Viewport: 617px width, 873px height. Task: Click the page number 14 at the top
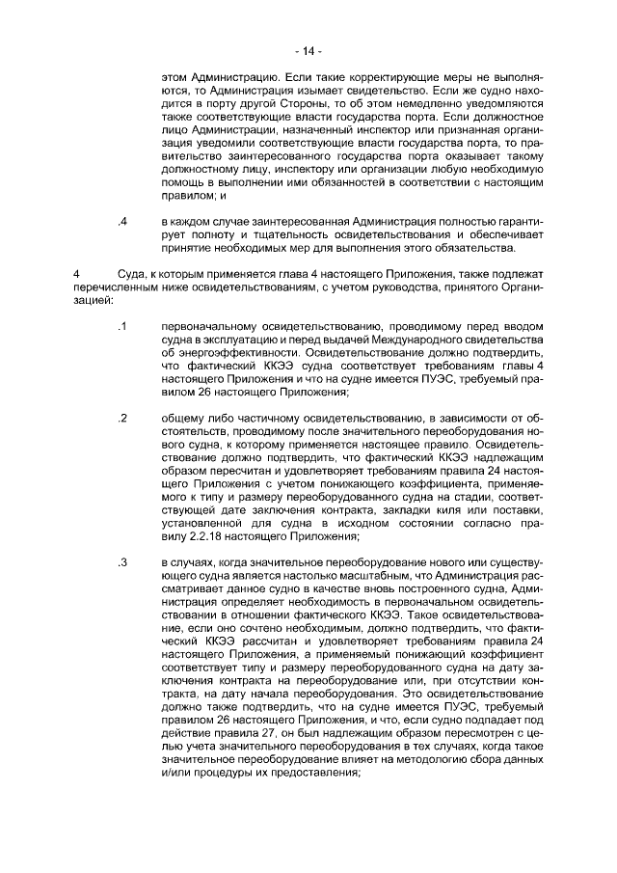coord(308,49)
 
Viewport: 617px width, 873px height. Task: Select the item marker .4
coord(122,223)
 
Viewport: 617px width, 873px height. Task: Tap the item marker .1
coord(122,326)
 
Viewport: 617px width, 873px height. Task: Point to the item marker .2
coord(122,417)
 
